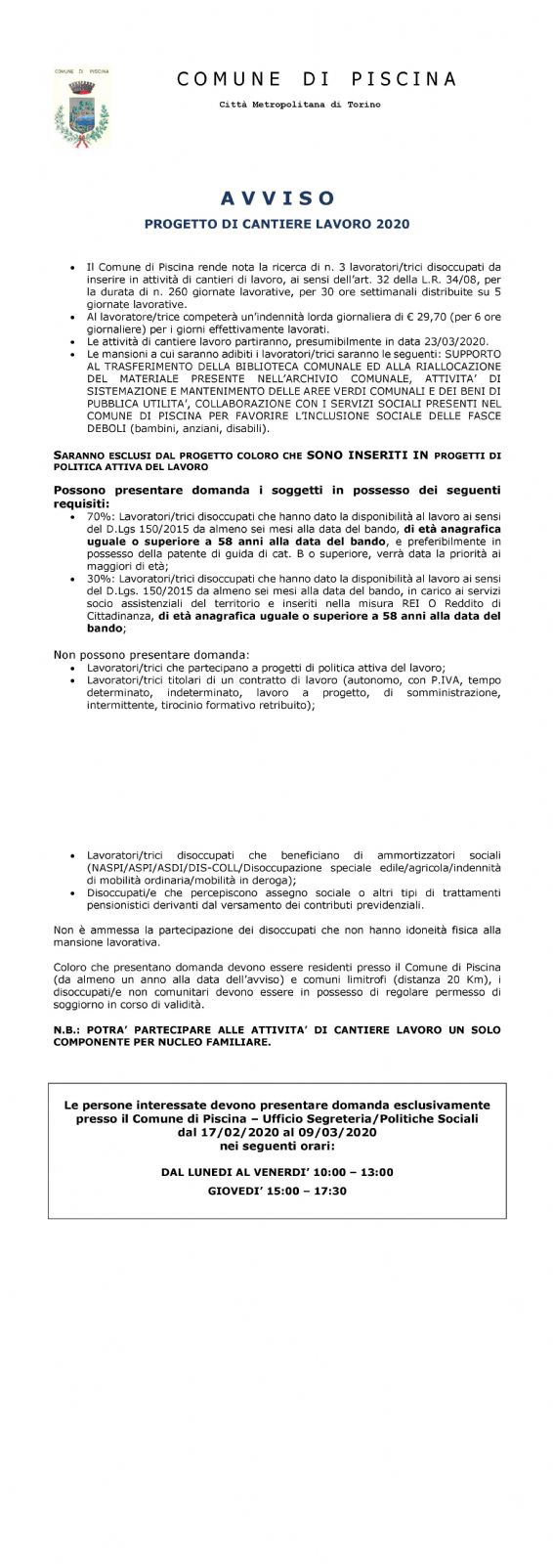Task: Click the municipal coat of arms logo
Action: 81,102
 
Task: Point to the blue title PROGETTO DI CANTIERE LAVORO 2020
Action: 276,224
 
